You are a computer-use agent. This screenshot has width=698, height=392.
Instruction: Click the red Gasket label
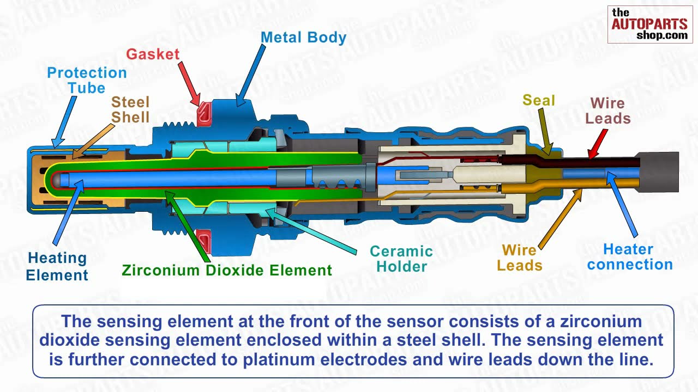tap(153, 54)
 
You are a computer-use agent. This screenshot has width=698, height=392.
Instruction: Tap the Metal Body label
tap(303, 38)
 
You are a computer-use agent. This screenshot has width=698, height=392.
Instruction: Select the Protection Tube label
tap(87, 80)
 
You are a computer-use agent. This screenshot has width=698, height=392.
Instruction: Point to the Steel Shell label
tap(130, 109)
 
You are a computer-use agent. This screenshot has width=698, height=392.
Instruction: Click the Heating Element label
tap(57, 266)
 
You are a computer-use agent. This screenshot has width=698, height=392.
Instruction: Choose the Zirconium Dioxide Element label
tap(226, 271)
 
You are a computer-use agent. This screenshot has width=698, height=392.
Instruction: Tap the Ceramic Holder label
tap(401, 259)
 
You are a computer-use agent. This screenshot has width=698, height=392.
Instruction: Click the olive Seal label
tap(539, 100)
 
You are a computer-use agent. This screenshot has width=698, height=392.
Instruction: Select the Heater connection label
tap(629, 257)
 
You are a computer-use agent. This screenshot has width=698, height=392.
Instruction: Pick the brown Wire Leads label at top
tap(608, 111)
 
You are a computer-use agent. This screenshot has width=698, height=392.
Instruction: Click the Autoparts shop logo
tap(650, 24)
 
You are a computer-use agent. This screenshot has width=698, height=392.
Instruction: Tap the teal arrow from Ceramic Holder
tap(311, 231)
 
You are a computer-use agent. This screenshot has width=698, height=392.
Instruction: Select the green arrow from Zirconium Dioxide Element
tap(188, 226)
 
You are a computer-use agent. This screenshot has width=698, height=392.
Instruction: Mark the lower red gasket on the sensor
tap(204, 240)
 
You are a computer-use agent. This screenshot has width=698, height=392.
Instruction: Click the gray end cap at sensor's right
tap(659, 171)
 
